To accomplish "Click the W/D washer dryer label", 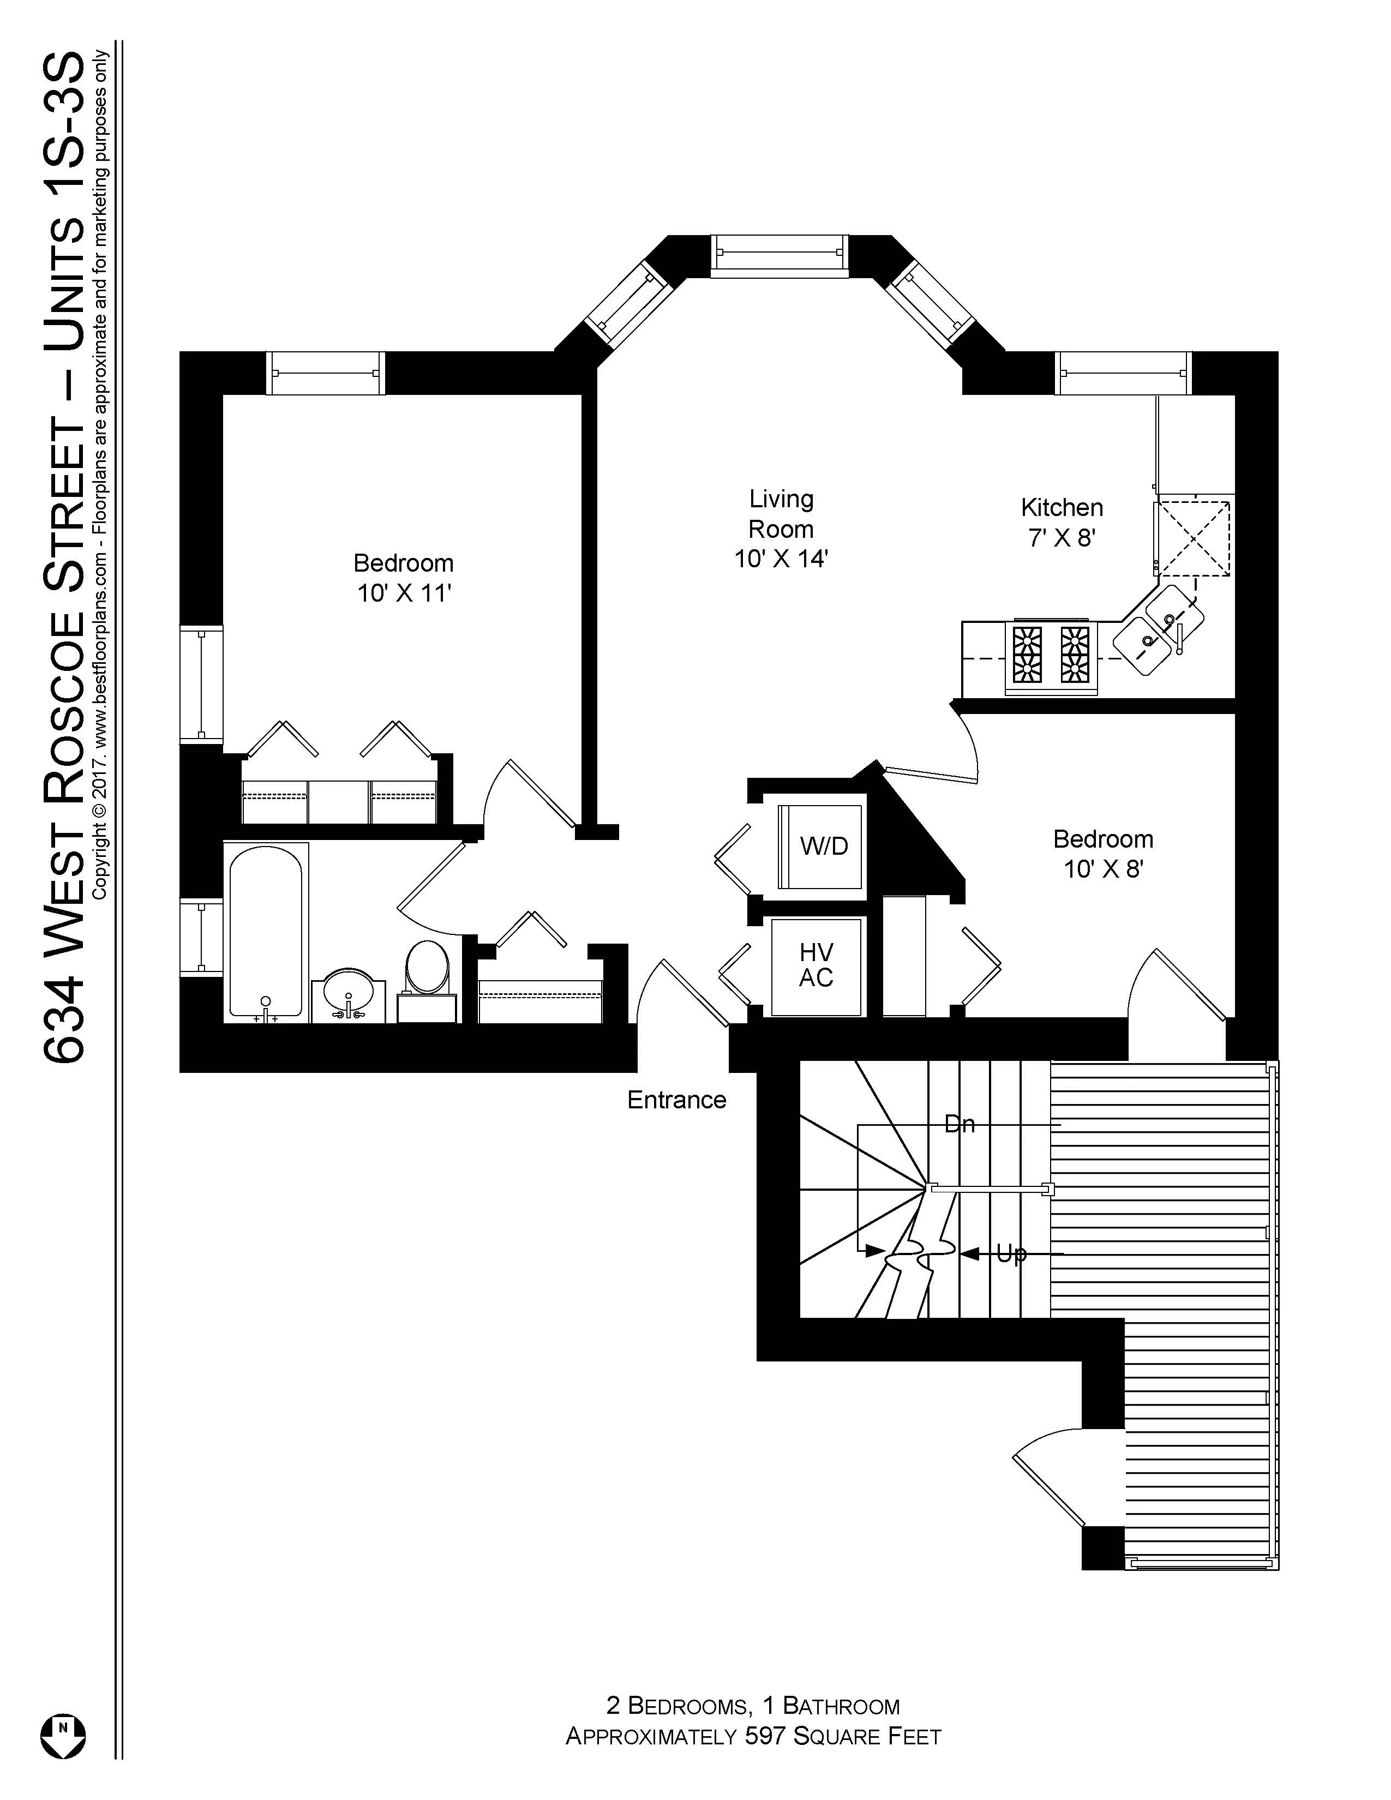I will click(823, 845).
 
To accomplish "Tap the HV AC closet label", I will click(816, 965).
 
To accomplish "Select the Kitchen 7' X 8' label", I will click(1062, 523).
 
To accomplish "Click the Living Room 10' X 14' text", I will click(781, 529).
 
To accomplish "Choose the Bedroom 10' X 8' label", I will click(1102, 854).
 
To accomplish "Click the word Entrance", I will click(676, 1100).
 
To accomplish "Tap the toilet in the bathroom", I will click(427, 968).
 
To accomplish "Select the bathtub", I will click(265, 931).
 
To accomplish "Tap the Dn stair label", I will click(959, 1124).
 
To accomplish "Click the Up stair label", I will click(1011, 1253).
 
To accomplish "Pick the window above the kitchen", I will click(1124, 373).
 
